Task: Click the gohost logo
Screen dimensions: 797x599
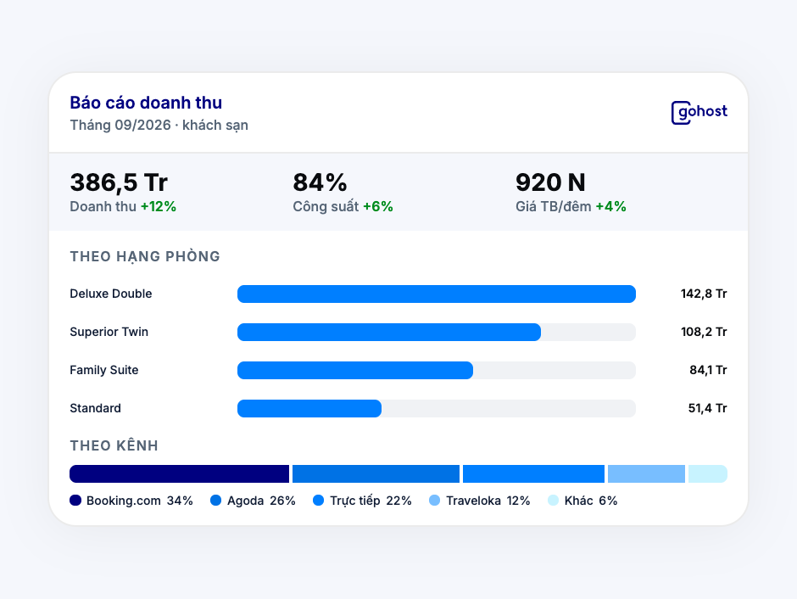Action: (699, 112)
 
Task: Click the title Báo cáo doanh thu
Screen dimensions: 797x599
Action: (146, 103)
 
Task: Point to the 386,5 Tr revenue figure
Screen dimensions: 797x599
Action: (119, 182)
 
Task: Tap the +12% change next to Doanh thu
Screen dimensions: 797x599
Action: (159, 206)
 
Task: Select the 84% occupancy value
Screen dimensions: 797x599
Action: (320, 182)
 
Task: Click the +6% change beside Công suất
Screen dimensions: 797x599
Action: (377, 206)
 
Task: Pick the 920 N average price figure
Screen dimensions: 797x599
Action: (550, 182)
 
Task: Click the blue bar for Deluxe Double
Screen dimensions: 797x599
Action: (437, 294)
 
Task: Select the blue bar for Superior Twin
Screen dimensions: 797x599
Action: (389, 332)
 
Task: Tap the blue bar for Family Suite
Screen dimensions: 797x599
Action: (355, 370)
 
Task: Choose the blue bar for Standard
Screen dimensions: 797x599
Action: (309, 408)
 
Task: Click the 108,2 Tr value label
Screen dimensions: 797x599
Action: (704, 332)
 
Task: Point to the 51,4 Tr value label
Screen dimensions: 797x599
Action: (707, 408)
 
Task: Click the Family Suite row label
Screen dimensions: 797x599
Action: (104, 370)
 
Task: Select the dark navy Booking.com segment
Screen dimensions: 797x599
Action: (180, 474)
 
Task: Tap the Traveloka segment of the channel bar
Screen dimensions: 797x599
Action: (647, 474)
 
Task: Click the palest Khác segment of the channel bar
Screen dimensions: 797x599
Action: (708, 474)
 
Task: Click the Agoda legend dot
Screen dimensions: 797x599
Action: (216, 501)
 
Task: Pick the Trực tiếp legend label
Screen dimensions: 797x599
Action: (355, 501)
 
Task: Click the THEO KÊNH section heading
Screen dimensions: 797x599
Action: (114, 445)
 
